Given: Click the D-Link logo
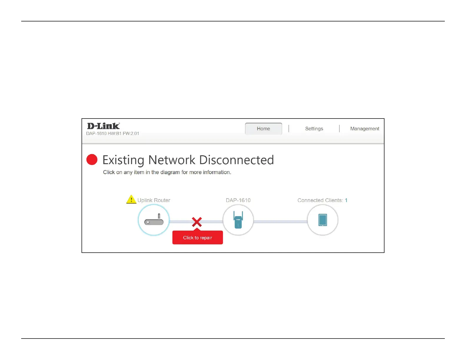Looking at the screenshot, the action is click(103, 126).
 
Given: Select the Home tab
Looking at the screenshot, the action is click(263, 129).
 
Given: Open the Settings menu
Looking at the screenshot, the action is click(314, 129).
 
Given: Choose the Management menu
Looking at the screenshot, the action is click(365, 129).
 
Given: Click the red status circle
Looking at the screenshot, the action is click(92, 159).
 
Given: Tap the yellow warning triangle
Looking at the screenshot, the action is click(131, 199).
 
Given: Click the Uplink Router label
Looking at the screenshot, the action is click(154, 200).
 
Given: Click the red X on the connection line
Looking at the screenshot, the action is click(197, 222).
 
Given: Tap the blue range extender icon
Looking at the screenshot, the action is click(238, 220).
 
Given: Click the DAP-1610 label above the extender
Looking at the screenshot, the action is click(238, 200).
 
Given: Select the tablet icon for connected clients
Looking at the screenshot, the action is click(322, 220).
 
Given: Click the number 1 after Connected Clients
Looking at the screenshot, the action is click(346, 200).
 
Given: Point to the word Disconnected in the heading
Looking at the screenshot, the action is click(237, 160).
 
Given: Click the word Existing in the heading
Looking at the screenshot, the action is click(123, 160).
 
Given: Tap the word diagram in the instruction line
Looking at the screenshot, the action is click(170, 172).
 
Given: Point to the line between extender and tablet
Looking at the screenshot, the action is click(280, 222).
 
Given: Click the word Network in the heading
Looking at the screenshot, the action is click(172, 160).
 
